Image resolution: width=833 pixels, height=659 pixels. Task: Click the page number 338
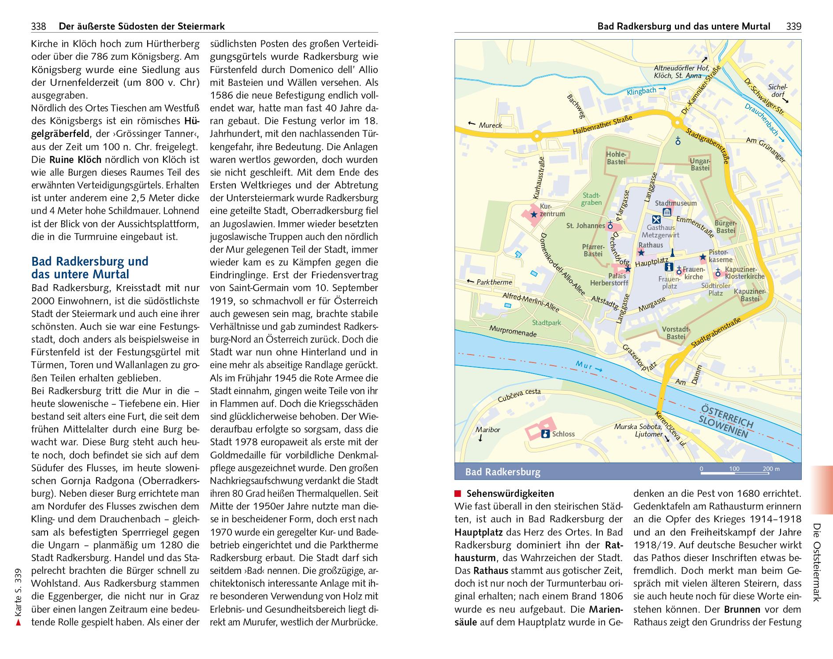point(38,26)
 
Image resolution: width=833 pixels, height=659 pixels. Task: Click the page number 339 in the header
point(793,26)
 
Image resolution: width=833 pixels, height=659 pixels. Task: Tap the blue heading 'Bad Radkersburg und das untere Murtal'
point(89,268)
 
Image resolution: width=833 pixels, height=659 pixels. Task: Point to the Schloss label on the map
point(563,434)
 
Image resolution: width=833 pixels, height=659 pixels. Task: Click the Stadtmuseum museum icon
point(667,212)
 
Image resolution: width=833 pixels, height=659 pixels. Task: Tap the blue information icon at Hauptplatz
point(669,267)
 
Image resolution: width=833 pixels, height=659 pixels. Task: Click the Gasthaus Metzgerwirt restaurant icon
point(656,219)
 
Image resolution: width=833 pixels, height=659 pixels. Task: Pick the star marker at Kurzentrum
point(534,215)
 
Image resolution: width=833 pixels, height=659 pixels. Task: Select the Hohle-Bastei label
point(616,158)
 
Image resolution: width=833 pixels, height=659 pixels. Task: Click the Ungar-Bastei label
point(700,164)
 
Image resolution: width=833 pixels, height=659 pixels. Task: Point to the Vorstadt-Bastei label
point(676,333)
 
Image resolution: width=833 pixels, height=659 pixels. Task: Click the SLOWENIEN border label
point(723,426)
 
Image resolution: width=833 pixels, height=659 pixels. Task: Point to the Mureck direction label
point(490,125)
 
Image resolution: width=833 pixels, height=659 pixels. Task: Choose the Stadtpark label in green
point(547,322)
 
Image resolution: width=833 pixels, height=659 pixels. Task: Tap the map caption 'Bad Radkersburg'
point(502,472)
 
